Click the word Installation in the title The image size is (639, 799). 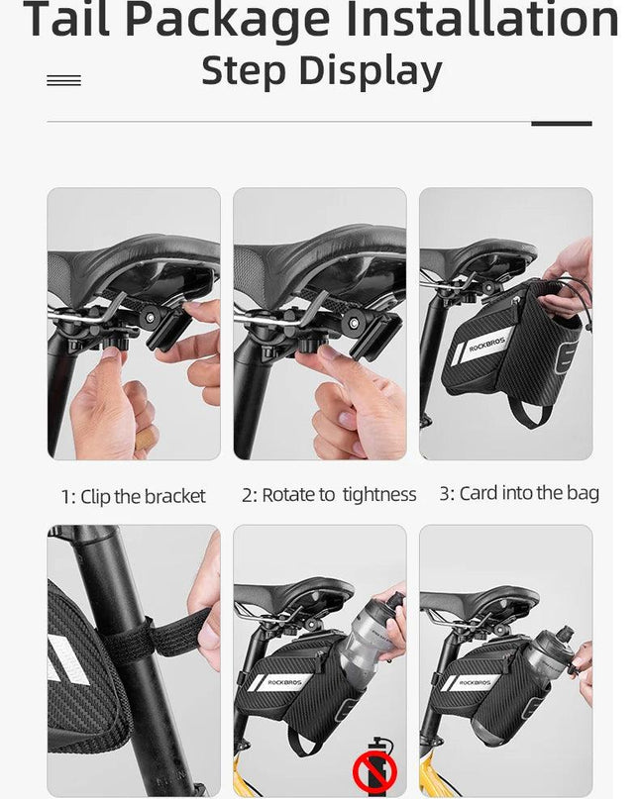(481, 20)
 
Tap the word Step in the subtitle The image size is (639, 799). (244, 71)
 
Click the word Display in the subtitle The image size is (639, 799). (371, 71)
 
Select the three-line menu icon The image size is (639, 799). (63, 80)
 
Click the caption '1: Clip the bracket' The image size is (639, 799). (133, 496)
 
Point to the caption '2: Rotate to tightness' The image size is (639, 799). (329, 495)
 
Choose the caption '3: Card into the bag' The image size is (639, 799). (519, 493)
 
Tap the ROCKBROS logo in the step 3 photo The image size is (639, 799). (486, 344)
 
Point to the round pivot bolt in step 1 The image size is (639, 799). (150, 318)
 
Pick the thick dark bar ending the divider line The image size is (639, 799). (562, 124)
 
